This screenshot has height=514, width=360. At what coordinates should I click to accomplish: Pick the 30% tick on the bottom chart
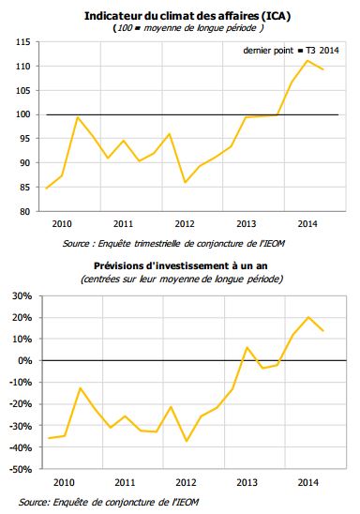tap(22, 295)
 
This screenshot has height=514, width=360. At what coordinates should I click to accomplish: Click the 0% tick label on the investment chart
tap(24, 361)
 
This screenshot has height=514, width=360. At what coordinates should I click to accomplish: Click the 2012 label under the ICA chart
tap(185, 225)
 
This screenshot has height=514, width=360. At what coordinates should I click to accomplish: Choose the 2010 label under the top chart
tap(62, 225)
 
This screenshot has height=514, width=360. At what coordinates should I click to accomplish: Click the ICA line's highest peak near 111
tap(308, 60)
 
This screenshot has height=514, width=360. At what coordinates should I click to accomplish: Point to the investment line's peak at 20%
tap(308, 317)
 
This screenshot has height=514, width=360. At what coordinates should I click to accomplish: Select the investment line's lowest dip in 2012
tap(187, 441)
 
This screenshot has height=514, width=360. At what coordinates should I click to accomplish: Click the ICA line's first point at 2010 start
tap(46, 189)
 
